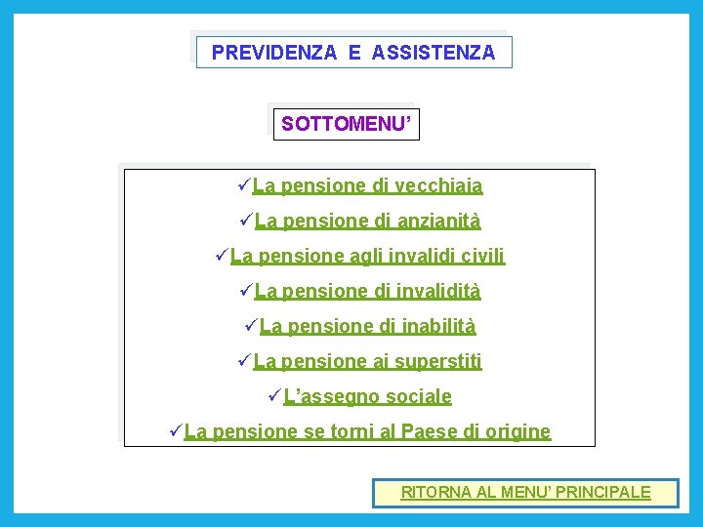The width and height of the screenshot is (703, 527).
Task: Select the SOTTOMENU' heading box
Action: click(x=346, y=124)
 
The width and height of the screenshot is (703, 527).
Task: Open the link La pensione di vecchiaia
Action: click(x=367, y=185)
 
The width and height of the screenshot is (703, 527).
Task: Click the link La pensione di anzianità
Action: click(x=367, y=222)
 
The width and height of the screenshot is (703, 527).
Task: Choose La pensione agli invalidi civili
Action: click(x=367, y=257)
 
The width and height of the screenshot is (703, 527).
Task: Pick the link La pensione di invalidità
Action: click(x=367, y=291)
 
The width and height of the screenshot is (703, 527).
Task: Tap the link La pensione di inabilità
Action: click(x=368, y=326)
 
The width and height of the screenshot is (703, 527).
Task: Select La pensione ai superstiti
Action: click(x=367, y=361)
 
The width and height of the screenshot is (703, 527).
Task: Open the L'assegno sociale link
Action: click(x=367, y=396)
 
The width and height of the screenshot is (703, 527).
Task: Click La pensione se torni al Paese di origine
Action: click(x=367, y=431)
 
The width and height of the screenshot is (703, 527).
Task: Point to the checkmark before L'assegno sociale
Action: click(x=273, y=395)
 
